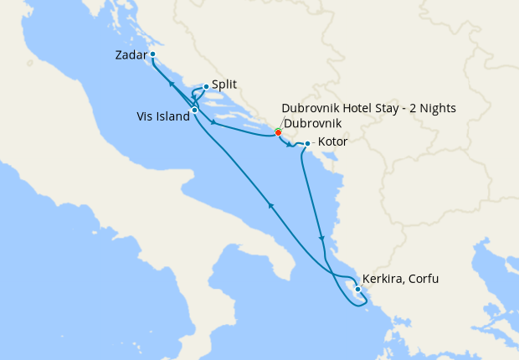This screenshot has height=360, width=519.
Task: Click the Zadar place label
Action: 131,56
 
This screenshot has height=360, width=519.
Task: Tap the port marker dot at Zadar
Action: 153,55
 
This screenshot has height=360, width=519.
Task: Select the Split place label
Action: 223,85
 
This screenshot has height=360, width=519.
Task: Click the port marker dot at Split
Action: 206,86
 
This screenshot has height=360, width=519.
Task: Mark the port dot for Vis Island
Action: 194,110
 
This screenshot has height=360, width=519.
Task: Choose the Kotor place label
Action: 333,142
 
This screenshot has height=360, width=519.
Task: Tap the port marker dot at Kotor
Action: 308,144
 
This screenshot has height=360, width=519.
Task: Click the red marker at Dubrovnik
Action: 279,131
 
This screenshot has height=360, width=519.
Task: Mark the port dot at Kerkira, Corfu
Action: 358,290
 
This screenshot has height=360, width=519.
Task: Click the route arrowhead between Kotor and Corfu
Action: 321,239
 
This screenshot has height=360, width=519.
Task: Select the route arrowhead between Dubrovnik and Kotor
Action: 290,146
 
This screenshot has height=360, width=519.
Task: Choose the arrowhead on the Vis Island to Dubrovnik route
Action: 215,124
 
